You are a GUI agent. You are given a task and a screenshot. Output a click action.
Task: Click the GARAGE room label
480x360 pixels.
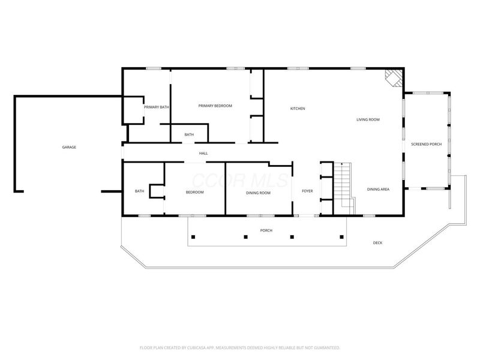[69, 147]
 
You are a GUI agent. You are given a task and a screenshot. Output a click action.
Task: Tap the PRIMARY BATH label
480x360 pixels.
[156, 107]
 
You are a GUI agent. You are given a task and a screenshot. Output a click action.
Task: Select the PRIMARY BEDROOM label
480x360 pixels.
[215, 106]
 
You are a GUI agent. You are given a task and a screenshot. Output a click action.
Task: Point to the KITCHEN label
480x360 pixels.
[298, 109]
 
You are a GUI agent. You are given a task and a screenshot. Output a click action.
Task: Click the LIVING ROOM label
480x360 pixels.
[368, 120]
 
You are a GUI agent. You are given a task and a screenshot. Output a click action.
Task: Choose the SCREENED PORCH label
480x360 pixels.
[426, 145]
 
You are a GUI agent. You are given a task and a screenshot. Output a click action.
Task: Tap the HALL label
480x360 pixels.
[203, 154]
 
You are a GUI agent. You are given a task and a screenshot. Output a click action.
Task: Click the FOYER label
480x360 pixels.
[307, 191]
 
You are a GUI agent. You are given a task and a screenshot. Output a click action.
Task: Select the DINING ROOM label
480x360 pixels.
[258, 193]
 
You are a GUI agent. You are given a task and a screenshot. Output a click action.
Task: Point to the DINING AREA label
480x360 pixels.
[379, 190]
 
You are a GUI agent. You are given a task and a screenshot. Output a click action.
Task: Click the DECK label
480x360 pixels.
[377, 243]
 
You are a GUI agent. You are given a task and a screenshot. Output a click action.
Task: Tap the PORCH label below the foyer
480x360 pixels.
[266, 230]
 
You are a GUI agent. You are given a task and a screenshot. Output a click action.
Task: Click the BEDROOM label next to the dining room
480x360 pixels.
[194, 192]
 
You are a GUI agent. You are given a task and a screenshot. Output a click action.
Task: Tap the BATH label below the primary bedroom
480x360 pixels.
[189, 134]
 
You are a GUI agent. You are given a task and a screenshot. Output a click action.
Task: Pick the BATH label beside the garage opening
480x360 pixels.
[139, 191]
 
